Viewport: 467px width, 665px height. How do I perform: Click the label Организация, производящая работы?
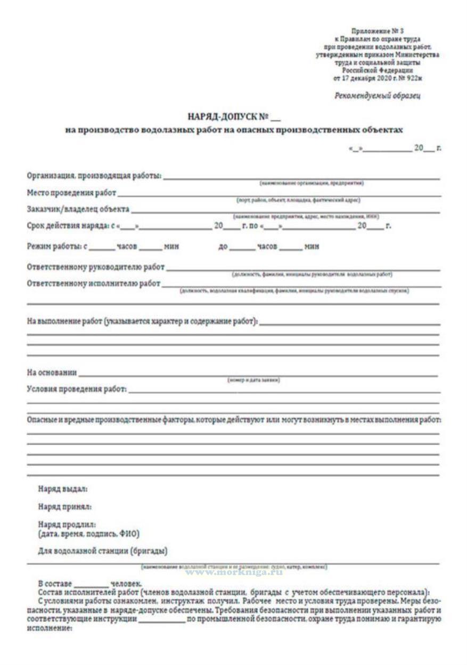point(94,176)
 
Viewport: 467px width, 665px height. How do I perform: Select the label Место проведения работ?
point(71,192)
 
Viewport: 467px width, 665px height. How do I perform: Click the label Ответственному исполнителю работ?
point(94,283)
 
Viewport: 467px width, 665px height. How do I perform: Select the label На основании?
point(52,372)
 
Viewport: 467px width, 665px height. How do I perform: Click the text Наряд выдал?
point(63,487)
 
